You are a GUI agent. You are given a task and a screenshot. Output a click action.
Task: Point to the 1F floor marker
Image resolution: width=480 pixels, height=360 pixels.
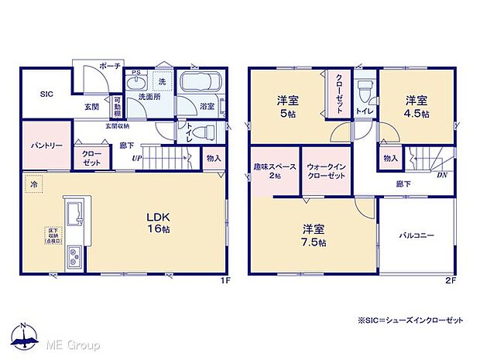(225, 279)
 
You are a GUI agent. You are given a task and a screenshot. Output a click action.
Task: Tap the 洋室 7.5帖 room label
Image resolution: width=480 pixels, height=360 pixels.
(314, 234)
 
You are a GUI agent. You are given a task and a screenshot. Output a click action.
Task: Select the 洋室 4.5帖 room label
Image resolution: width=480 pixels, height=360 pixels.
(417, 105)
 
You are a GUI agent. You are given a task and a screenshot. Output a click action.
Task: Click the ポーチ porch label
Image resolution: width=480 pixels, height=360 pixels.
(110, 67)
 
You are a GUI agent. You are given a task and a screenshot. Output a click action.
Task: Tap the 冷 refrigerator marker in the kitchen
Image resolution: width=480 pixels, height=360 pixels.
(34, 186)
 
